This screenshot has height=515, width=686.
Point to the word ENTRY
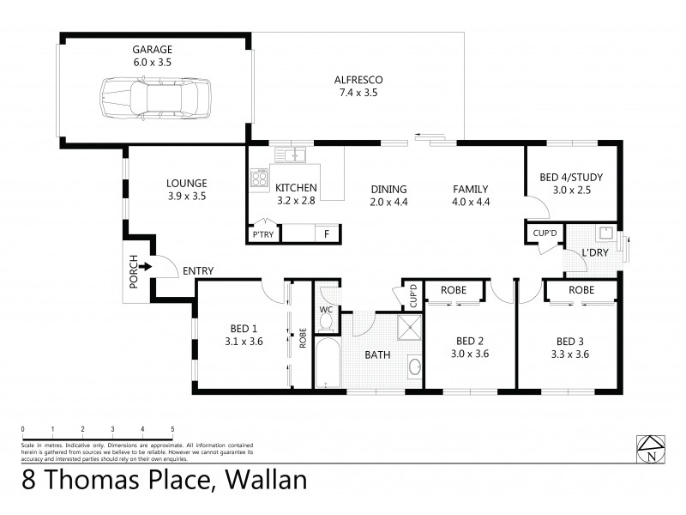click(197, 271)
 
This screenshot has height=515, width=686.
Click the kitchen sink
click(292, 155)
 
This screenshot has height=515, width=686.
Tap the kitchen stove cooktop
click(259, 178)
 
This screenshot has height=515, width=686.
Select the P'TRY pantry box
click(261, 233)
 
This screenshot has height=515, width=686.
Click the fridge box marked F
click(326, 233)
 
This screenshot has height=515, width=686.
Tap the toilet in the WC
click(326, 321)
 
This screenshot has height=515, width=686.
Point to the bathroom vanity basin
click(413, 368)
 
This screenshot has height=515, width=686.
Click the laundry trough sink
click(605, 232)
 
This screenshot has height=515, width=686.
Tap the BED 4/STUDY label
click(571, 178)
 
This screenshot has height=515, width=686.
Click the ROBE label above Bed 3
click(581, 290)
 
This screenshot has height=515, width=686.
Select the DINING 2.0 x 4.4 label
click(388, 196)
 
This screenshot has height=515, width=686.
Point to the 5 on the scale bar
click(172, 428)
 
